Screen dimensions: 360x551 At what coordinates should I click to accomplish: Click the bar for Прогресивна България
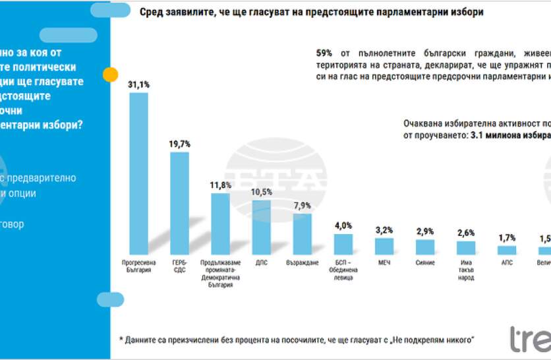138,173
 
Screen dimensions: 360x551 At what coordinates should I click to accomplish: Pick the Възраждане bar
302,234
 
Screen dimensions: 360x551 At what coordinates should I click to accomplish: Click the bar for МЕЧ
384,247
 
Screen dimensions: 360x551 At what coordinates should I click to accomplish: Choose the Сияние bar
425,247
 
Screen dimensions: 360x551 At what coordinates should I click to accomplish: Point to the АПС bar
507,251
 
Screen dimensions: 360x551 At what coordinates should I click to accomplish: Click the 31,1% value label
138,85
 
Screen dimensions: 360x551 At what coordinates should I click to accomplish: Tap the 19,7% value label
180,144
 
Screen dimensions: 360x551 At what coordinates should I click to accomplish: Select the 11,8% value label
221,185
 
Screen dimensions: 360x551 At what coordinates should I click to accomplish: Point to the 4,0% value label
343,226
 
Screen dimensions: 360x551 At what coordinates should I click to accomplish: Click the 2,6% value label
466,233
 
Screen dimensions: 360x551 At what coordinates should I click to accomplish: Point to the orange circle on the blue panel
111,74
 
